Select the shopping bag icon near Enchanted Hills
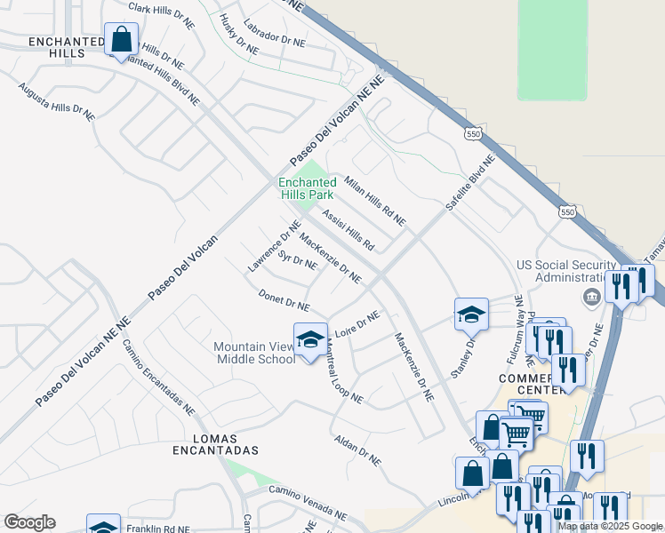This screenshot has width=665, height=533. pos(120,40)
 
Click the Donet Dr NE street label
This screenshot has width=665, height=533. pos(284,299)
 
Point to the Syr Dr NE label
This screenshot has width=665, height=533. pos(297,260)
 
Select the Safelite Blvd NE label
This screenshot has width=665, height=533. pos(469,183)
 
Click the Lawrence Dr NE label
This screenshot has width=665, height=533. pos(275,246)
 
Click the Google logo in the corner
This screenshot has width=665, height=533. pos(29,521)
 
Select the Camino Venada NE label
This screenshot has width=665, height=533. pos(308,503)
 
